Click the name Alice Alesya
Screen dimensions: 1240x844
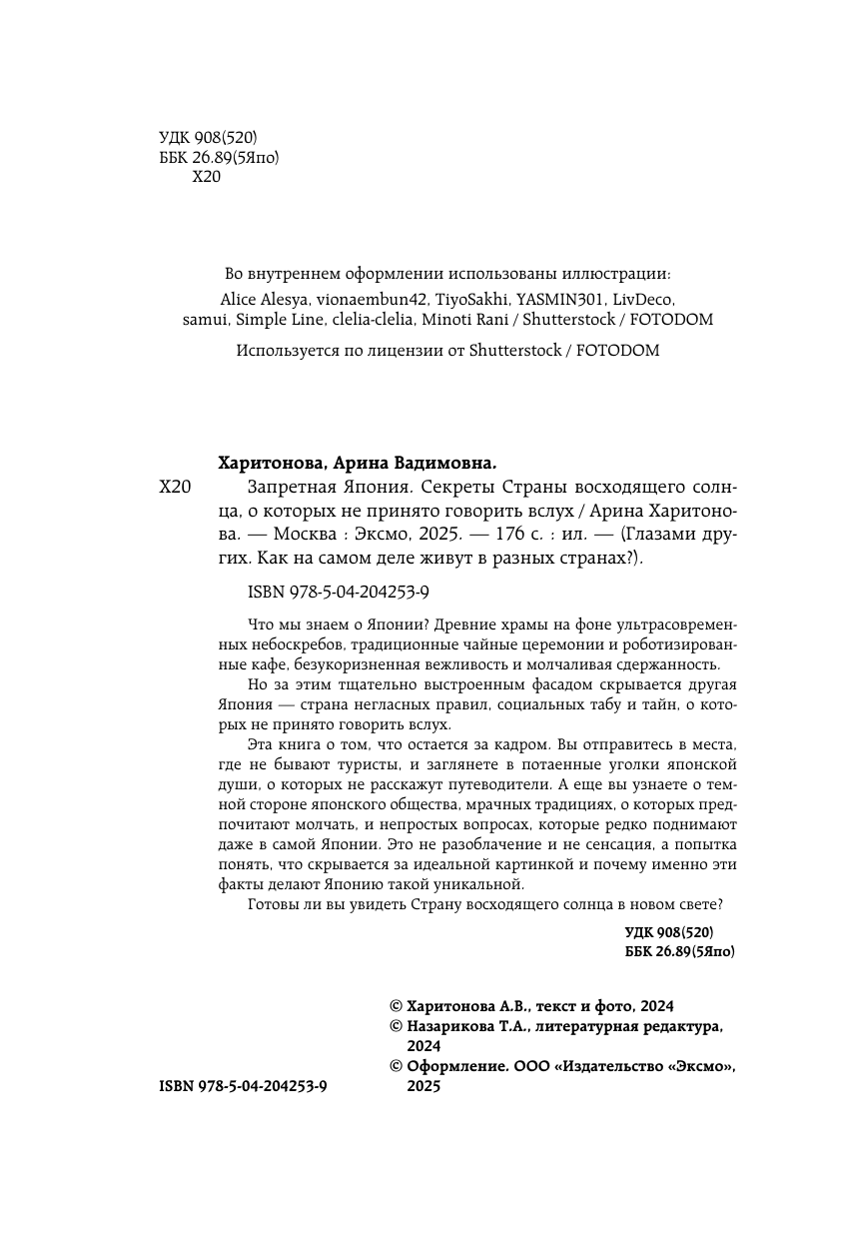point(263,298)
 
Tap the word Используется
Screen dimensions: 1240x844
point(286,351)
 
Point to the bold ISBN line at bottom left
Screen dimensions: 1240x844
point(243,1087)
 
